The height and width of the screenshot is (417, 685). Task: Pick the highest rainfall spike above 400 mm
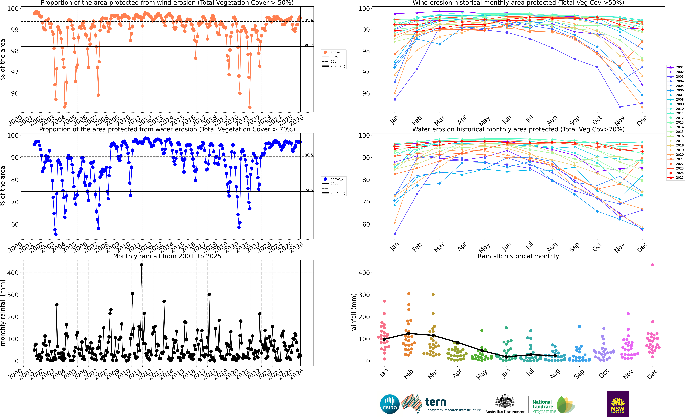141,265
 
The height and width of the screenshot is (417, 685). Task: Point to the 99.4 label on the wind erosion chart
309,20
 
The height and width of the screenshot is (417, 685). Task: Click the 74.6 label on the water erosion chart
309,190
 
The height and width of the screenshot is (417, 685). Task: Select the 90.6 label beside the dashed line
309,155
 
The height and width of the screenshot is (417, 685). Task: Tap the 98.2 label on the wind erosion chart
309,45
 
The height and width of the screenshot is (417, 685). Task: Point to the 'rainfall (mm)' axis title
354,313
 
